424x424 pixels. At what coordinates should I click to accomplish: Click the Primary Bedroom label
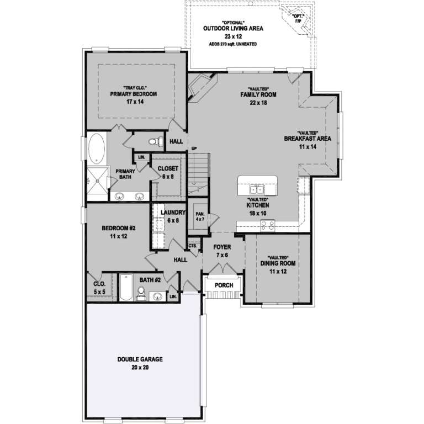click(133, 94)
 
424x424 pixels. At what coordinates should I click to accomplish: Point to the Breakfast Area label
click(308, 139)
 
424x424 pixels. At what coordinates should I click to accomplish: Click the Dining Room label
click(278, 263)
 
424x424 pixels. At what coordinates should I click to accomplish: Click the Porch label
click(223, 285)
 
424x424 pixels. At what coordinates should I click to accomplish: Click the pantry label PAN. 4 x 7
click(199, 215)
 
